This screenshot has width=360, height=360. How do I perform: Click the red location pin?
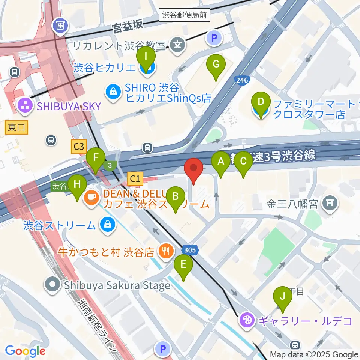point(193,169)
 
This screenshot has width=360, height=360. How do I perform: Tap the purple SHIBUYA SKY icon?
point(25,106)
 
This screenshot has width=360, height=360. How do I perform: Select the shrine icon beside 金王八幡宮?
point(330,204)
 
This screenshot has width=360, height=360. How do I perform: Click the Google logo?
point(25,351)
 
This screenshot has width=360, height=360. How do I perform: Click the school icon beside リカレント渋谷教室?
point(178,46)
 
